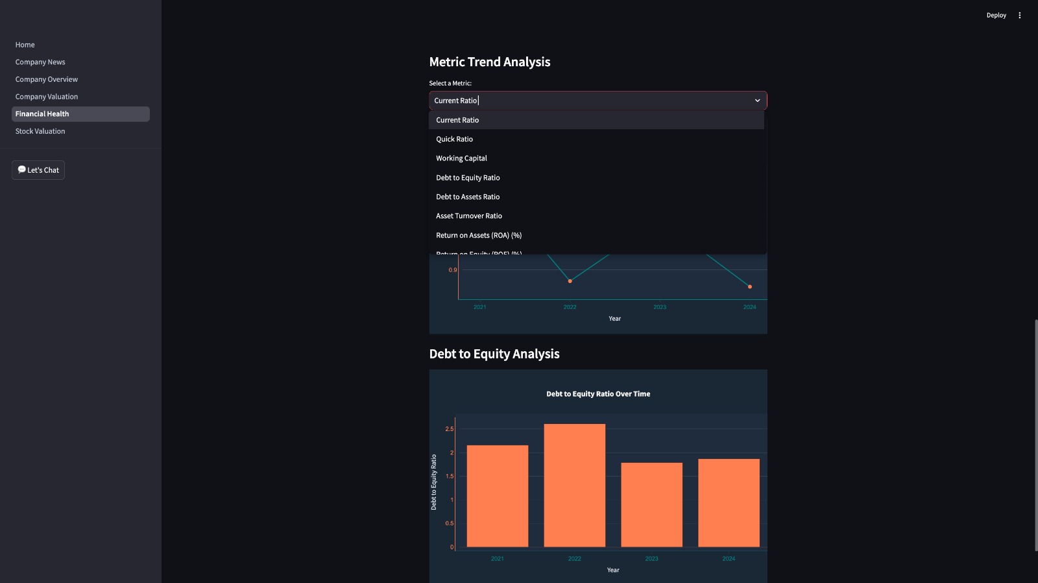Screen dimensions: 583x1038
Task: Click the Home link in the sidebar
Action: pyautogui.click(x=25, y=45)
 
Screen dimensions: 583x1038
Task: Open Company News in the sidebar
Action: pyautogui.click(x=40, y=62)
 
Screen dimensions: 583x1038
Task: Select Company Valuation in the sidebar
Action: pyautogui.click(x=47, y=97)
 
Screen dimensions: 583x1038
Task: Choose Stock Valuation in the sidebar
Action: pyautogui.click(x=40, y=131)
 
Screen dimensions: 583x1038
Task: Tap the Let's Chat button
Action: pyautogui.click(x=38, y=170)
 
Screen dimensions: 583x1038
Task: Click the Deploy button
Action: pyautogui.click(x=996, y=16)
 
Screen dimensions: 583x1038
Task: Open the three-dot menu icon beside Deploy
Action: pyautogui.click(x=1019, y=16)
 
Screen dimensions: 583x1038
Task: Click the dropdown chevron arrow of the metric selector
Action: pyautogui.click(x=757, y=101)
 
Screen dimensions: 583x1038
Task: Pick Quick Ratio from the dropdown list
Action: pyautogui.click(x=454, y=139)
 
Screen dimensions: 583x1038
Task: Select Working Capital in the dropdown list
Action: pyautogui.click(x=461, y=158)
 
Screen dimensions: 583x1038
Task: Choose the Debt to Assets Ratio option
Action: pyautogui.click(x=468, y=197)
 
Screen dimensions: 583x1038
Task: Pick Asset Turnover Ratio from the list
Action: pyautogui.click(x=469, y=216)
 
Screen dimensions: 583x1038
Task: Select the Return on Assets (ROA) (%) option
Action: pyautogui.click(x=479, y=236)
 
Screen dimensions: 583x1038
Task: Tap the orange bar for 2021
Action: pyautogui.click(x=498, y=496)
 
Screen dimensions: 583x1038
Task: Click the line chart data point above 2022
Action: pyautogui.click(x=570, y=281)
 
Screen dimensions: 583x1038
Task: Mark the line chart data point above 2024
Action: pyautogui.click(x=750, y=286)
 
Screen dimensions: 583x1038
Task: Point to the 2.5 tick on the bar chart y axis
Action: pyautogui.click(x=449, y=429)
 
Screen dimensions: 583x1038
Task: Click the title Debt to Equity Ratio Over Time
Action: pyautogui.click(x=597, y=394)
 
